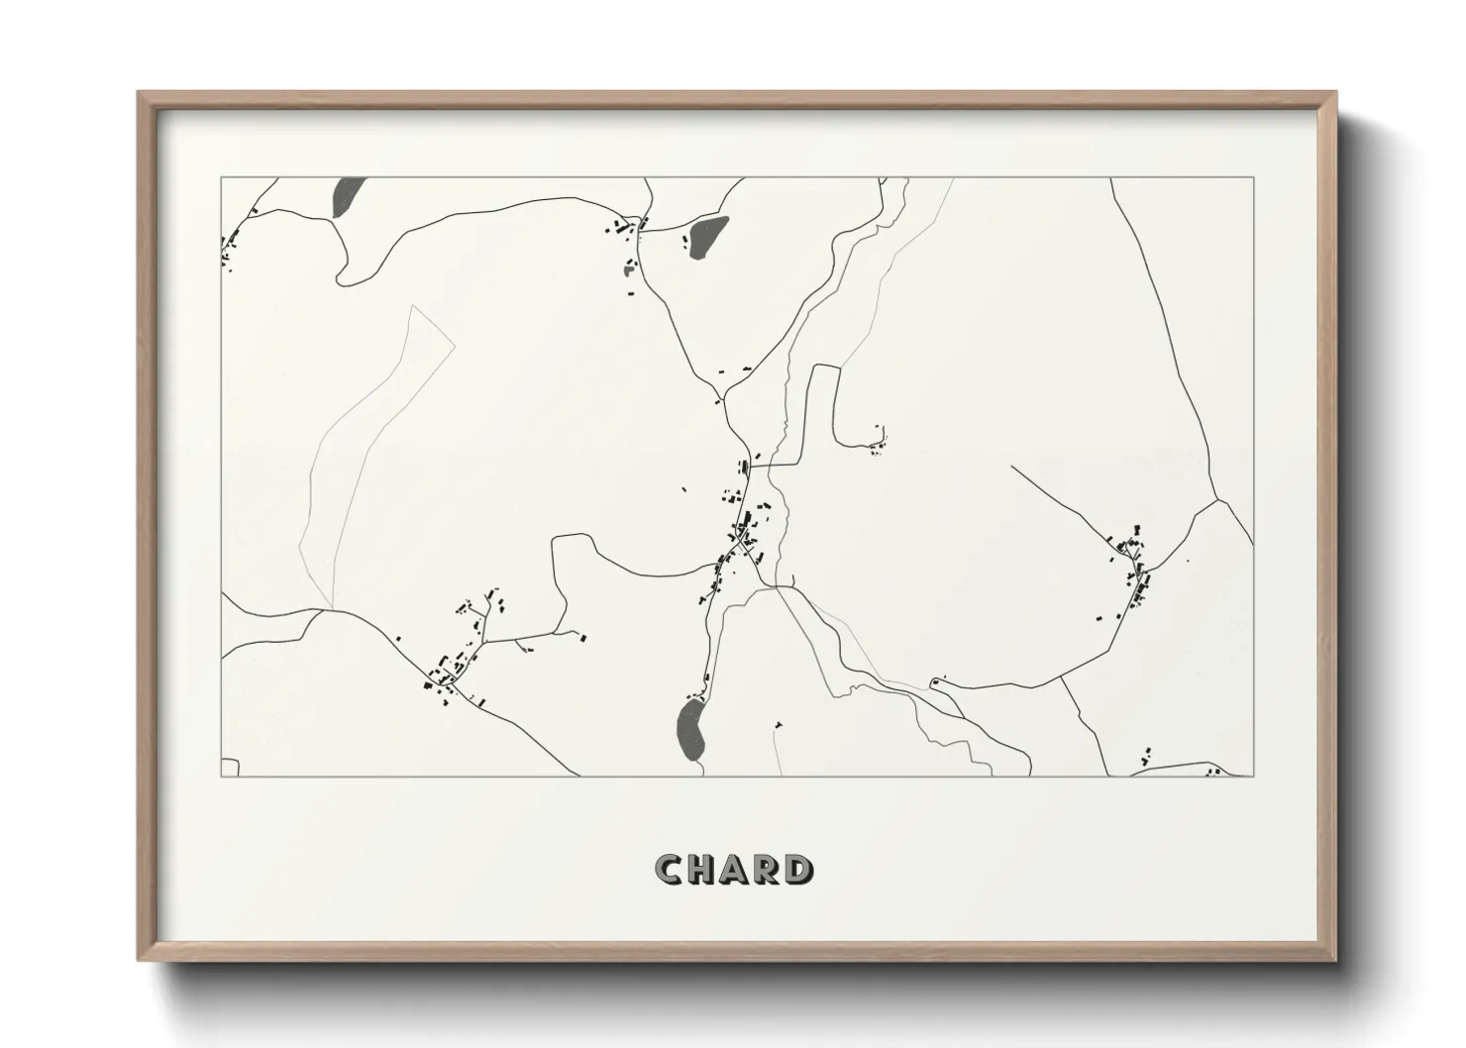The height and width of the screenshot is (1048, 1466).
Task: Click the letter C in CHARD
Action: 669,870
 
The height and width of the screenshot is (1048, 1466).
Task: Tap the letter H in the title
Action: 701,870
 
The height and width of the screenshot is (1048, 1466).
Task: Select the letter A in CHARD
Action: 733,870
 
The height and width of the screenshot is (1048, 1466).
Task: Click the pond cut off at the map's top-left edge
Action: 349,197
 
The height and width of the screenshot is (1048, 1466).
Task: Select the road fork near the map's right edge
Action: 1217,501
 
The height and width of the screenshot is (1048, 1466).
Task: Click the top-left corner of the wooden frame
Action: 140,93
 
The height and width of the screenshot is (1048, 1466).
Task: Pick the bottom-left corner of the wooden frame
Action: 140,960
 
